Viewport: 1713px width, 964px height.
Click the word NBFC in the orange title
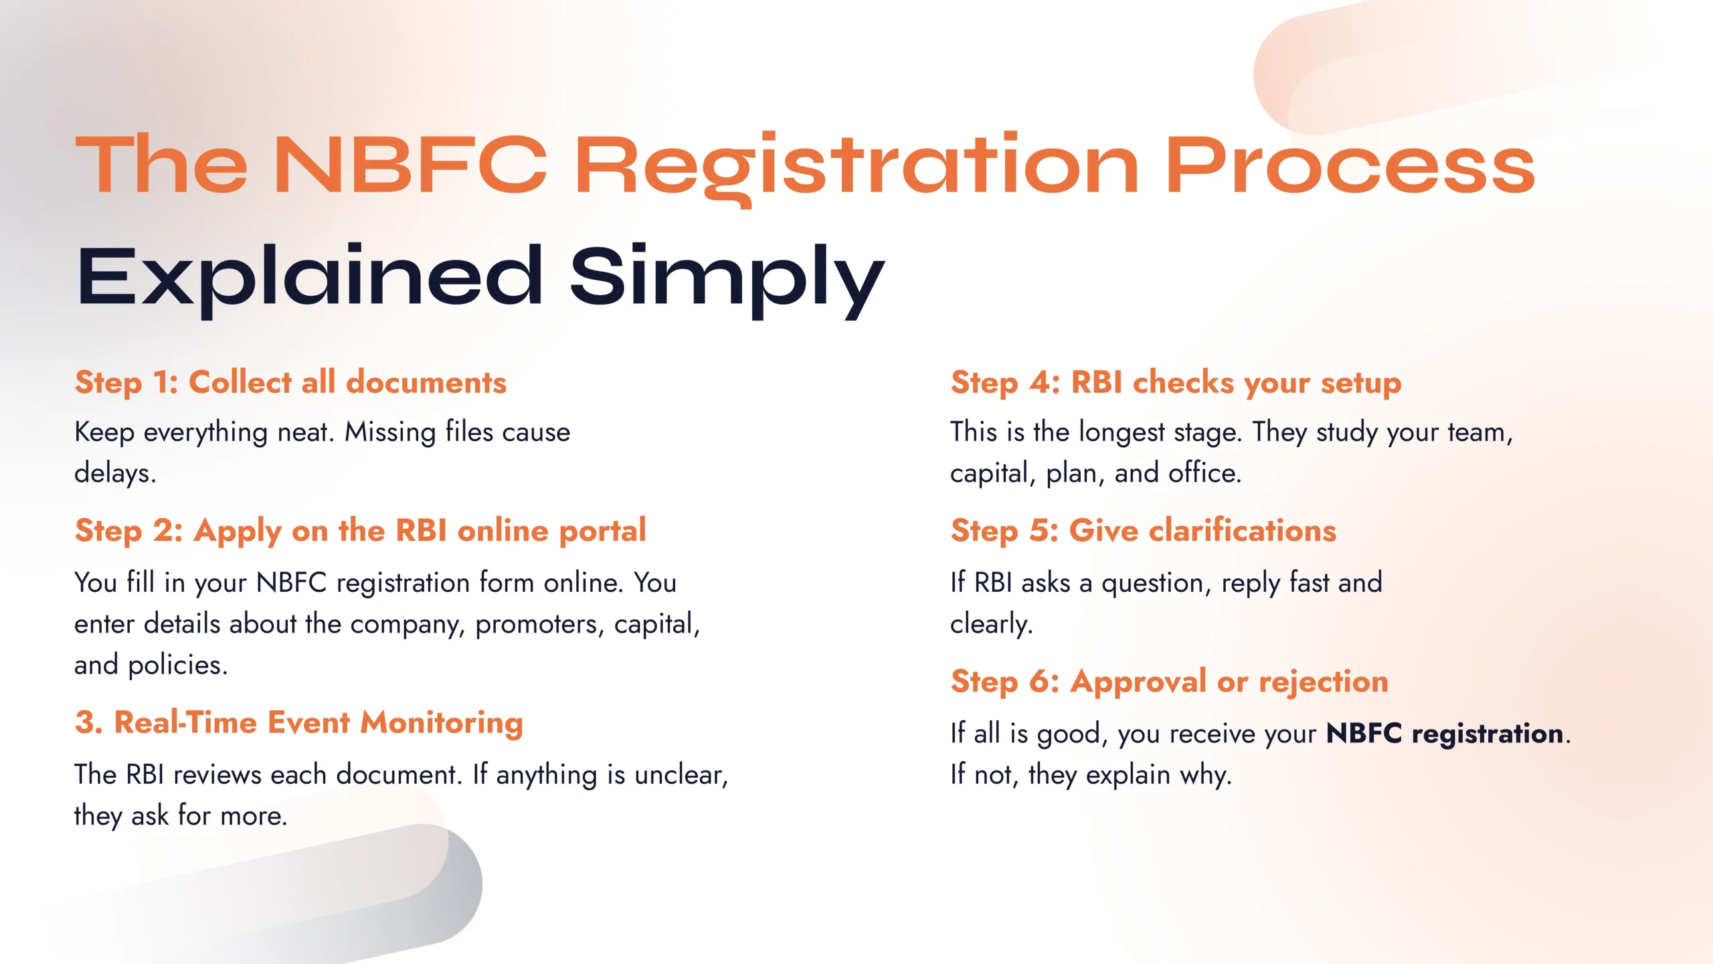point(410,165)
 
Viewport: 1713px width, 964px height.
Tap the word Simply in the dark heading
point(727,276)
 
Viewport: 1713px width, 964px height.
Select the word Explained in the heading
point(310,276)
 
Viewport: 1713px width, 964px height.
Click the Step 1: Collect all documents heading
point(290,383)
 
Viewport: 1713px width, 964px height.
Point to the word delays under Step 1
point(114,473)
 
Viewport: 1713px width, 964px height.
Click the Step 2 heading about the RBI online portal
point(360,531)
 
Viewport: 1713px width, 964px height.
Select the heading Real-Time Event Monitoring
point(298,723)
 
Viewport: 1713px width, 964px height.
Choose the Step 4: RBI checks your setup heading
point(1176,383)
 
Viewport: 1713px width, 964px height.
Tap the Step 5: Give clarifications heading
point(1143,531)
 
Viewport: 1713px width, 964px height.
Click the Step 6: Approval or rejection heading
point(1169,681)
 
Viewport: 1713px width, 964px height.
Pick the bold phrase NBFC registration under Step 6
point(1445,734)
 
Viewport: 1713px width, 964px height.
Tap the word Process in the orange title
point(1350,165)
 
